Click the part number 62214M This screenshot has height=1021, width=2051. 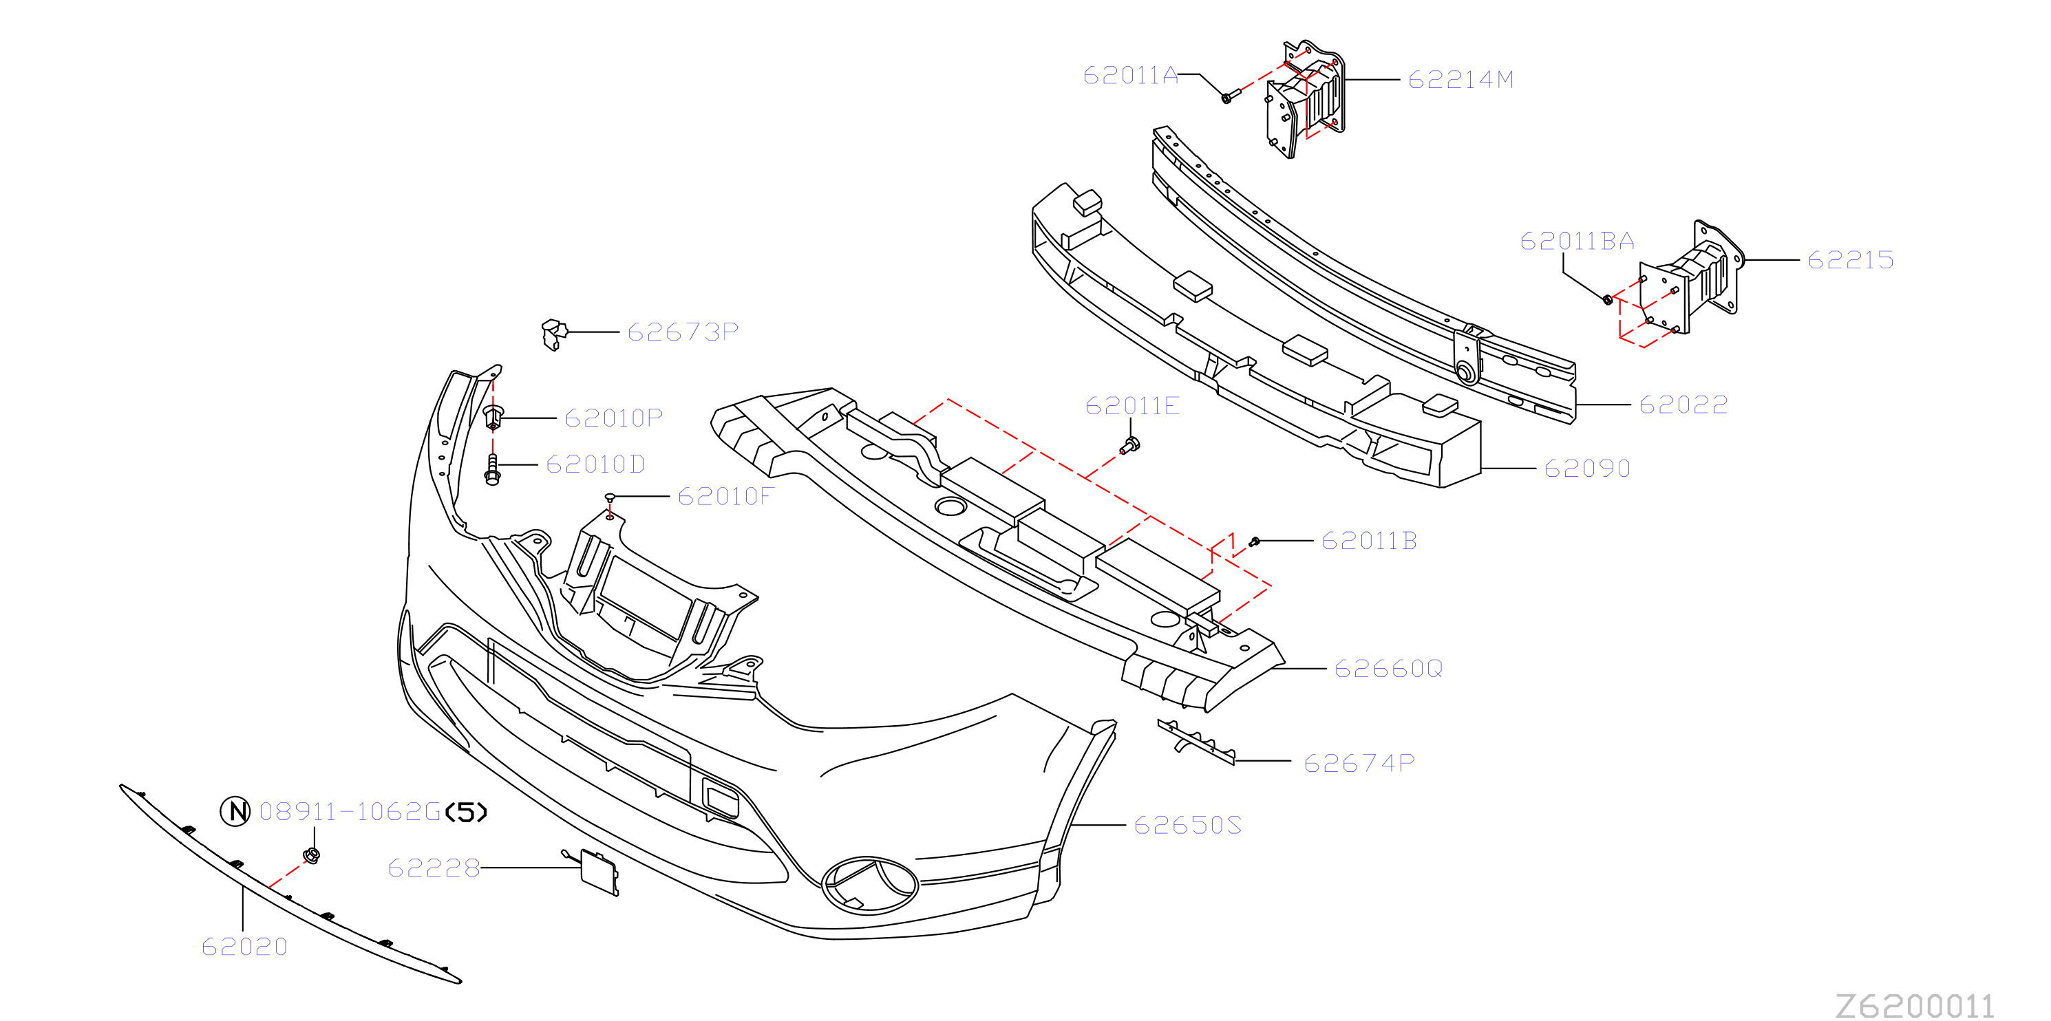(1460, 80)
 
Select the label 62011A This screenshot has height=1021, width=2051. (1130, 75)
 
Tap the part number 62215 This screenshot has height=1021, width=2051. (1850, 259)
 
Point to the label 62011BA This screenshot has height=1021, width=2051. (1577, 240)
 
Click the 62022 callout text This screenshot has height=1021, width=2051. (1683, 405)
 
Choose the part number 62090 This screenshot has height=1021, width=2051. (1587, 468)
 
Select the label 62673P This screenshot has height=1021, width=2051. (683, 331)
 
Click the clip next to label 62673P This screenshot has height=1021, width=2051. (554, 334)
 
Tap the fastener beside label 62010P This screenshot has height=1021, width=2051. (493, 417)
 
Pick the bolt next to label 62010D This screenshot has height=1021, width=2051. (492, 469)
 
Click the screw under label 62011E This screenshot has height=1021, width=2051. (1130, 446)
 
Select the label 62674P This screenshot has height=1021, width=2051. (1359, 762)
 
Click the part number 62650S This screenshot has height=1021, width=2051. (1187, 824)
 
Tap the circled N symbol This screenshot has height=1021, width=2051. (235, 811)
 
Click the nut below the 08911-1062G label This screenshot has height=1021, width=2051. (312, 855)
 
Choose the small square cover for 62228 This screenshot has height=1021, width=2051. (599, 872)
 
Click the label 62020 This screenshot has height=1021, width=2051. (244, 946)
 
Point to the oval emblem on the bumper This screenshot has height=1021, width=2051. (869, 885)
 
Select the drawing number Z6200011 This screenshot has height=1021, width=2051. (1914, 1006)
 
